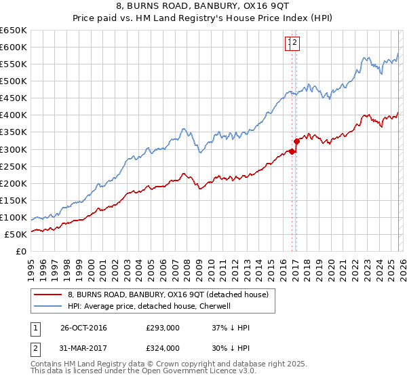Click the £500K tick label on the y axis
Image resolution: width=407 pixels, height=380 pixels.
14,81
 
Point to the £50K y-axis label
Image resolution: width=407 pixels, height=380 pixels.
16,234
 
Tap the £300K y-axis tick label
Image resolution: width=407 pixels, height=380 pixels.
14,149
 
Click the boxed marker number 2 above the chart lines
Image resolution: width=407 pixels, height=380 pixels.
296,43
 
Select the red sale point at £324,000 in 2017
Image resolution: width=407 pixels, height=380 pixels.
296,141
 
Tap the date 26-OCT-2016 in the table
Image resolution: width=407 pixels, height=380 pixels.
83,328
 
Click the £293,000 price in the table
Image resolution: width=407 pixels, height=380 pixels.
163,328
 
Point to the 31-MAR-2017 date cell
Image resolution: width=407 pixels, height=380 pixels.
83,348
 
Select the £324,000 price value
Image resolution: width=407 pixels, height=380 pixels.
163,348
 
